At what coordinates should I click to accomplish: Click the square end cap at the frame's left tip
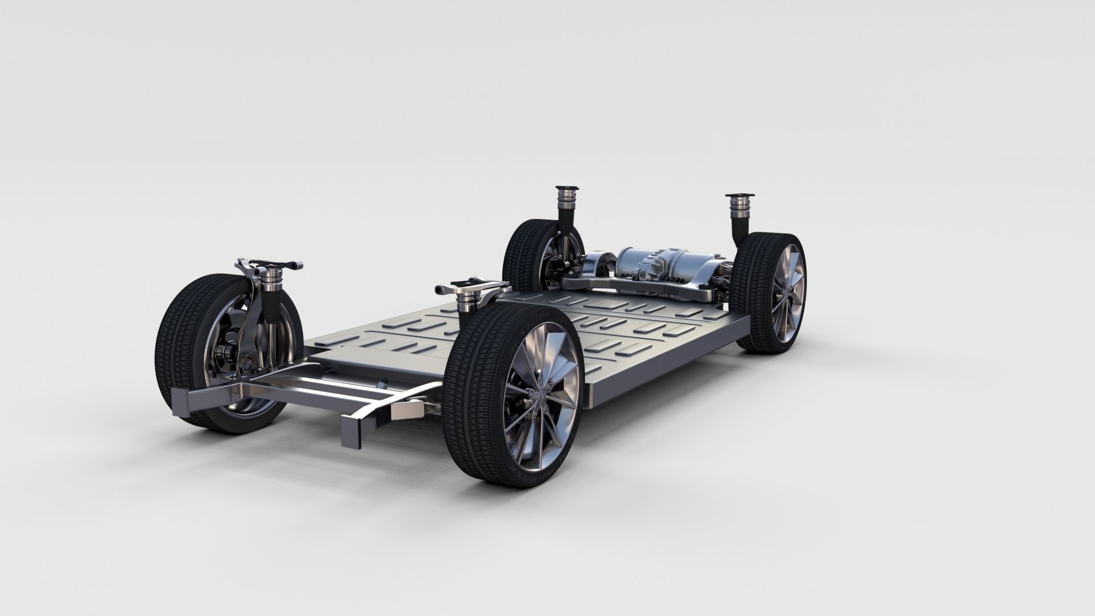(x=181, y=398)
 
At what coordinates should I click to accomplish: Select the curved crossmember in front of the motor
(x=622, y=285)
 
